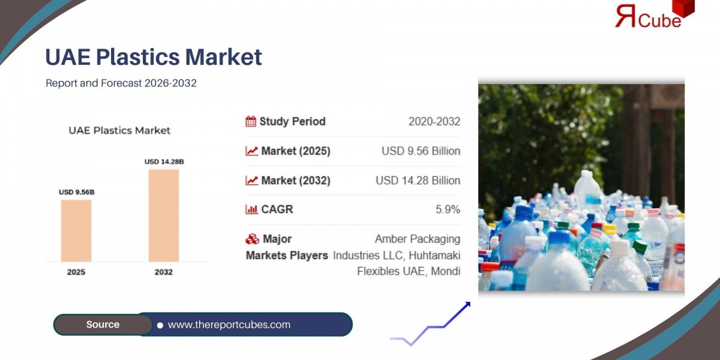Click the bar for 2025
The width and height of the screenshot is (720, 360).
pos(76,230)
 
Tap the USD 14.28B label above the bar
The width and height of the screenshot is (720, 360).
pos(164,161)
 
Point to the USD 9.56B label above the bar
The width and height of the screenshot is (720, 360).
pos(76,192)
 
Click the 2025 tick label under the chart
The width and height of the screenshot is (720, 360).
pos(76,272)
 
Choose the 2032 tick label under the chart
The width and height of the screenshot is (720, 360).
pos(163,272)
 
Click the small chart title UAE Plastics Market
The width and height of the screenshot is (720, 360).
pos(119,130)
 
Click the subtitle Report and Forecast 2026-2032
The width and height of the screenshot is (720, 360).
pos(121,83)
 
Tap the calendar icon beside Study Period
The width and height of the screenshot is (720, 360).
pos(251,122)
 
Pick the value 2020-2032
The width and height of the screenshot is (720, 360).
pos(434,122)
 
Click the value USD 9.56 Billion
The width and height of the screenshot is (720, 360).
pos(421,151)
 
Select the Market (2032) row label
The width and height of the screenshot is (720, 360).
pos(295,181)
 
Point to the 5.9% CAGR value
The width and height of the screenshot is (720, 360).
pos(448,209)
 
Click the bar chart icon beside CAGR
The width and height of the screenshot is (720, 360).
pos(251,209)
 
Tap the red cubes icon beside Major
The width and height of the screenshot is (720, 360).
pos(252,239)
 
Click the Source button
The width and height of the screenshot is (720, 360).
pos(103,325)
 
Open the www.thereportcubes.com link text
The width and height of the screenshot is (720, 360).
pos(229,325)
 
